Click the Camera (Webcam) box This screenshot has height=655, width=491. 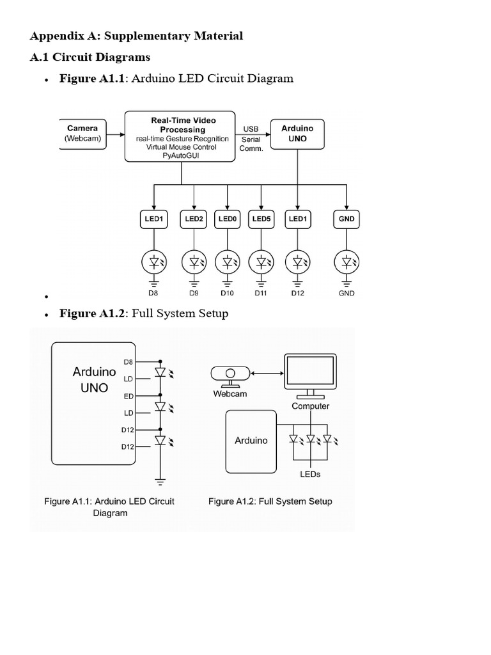click(x=82, y=133)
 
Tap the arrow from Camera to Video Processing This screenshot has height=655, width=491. click(x=115, y=135)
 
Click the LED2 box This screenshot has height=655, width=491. click(x=194, y=219)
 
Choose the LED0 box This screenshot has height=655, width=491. click(x=227, y=219)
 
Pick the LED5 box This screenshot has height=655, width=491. click(x=261, y=219)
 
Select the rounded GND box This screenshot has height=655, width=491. click(x=347, y=219)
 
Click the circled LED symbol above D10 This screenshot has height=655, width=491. click(x=227, y=261)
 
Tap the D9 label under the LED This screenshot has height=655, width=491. click(x=194, y=294)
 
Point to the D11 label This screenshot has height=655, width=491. click(x=261, y=294)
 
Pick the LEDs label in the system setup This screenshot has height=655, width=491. click(x=310, y=474)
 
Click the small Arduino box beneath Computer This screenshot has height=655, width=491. click(x=251, y=440)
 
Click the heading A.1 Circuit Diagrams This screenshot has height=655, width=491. click(x=90, y=57)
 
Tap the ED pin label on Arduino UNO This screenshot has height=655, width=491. click(x=129, y=396)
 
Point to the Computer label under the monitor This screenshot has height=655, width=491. click(x=311, y=406)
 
